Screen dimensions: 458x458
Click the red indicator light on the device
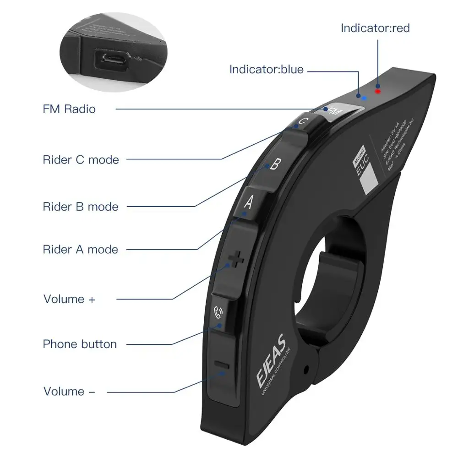[378, 91]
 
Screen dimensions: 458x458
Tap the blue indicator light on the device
[364, 98]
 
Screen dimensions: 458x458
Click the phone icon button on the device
[218, 313]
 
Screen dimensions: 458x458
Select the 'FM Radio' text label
[69, 109]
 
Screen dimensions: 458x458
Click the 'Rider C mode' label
[81, 160]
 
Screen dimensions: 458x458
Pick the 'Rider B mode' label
[81, 207]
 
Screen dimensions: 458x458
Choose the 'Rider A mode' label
[81, 250]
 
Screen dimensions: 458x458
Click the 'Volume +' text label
[70, 299]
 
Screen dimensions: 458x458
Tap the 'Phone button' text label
[80, 344]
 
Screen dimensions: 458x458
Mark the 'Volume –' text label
[70, 392]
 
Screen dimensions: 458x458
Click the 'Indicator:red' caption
[375, 28]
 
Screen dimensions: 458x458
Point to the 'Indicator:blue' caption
[266, 69]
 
